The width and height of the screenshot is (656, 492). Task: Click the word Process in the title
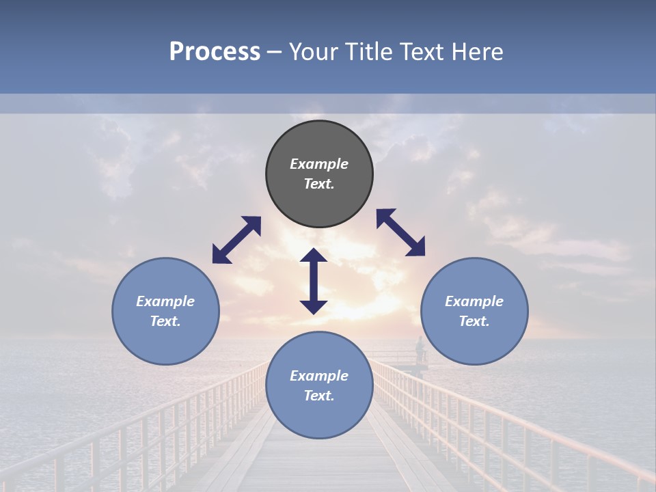pyautogui.click(x=215, y=52)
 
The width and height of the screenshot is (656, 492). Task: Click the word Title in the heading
pyautogui.click(x=367, y=52)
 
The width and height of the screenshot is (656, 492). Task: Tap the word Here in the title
pyautogui.click(x=476, y=52)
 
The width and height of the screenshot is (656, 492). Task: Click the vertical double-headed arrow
pyautogui.click(x=314, y=281)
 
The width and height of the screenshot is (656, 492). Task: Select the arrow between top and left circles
pyautogui.click(x=236, y=240)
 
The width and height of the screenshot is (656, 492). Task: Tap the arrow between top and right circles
pyautogui.click(x=400, y=232)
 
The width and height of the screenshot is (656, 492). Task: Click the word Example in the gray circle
pyautogui.click(x=319, y=164)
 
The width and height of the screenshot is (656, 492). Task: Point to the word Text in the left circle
pyautogui.click(x=165, y=321)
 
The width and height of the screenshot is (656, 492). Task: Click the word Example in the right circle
pyautogui.click(x=474, y=301)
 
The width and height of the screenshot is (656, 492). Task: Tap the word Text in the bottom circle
pyautogui.click(x=319, y=396)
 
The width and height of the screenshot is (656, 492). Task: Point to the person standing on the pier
pyautogui.click(x=420, y=349)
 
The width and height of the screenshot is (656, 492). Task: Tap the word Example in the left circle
pyautogui.click(x=165, y=301)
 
